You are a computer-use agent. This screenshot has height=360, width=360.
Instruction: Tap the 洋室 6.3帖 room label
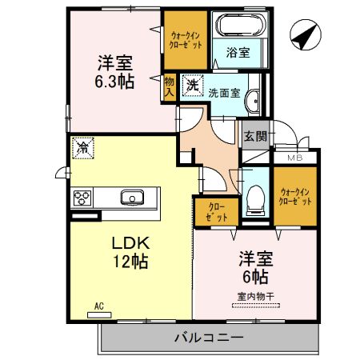(x=115, y=70)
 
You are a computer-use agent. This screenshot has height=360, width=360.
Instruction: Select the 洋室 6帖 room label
(x=255, y=269)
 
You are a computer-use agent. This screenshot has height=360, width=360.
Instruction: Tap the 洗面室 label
(x=224, y=92)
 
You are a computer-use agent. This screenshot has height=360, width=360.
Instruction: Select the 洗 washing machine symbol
(x=193, y=84)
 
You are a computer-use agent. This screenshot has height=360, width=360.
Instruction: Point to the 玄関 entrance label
(x=255, y=136)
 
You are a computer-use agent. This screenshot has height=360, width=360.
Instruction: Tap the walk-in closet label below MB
(x=295, y=196)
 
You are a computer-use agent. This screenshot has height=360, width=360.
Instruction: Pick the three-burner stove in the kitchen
(x=83, y=198)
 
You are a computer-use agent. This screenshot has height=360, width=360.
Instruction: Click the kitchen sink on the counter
(x=131, y=197)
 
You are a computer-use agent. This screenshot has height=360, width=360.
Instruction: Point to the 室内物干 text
(x=254, y=298)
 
